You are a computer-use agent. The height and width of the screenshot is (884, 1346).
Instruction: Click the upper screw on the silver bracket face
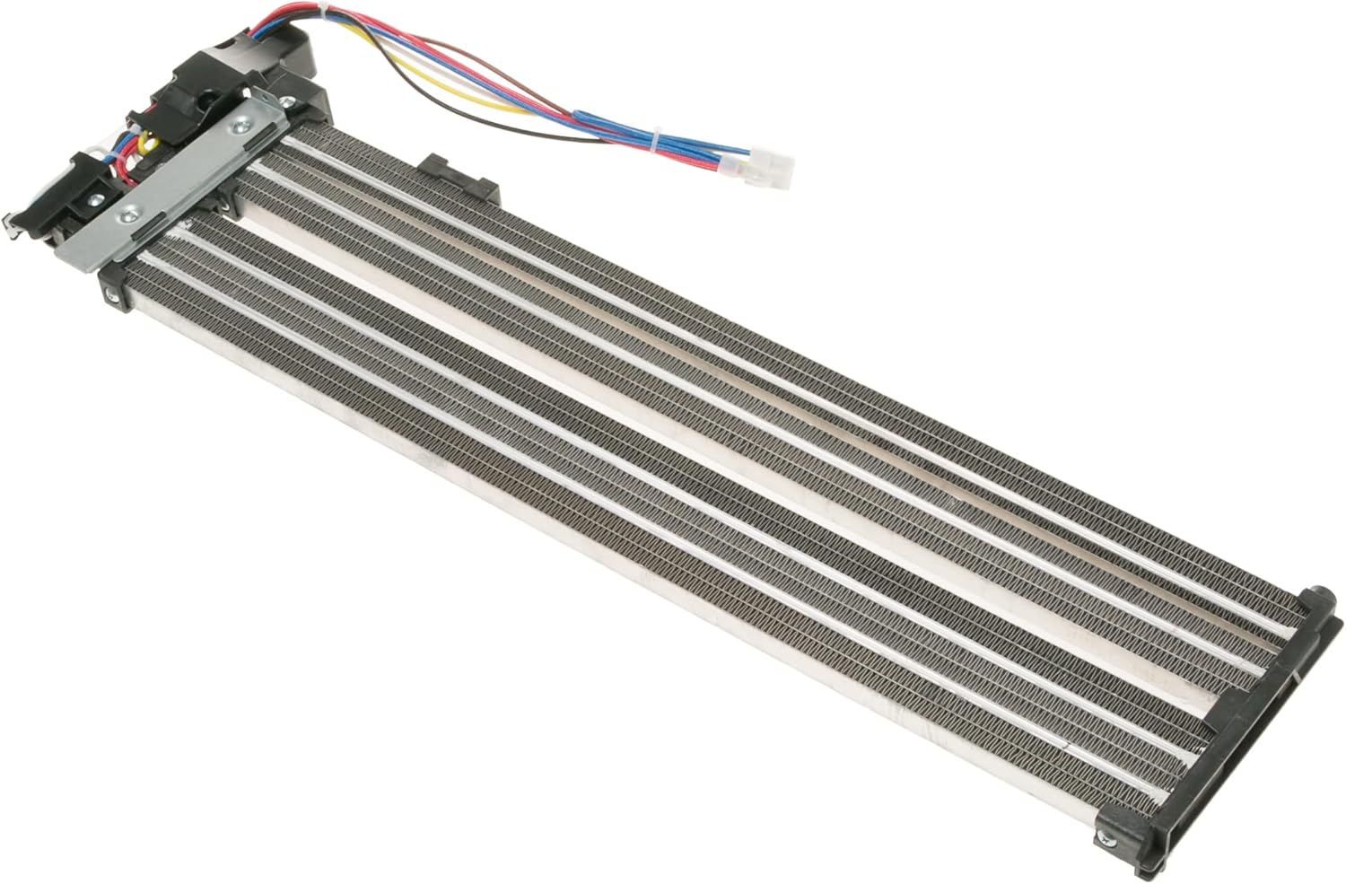[239, 128]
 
